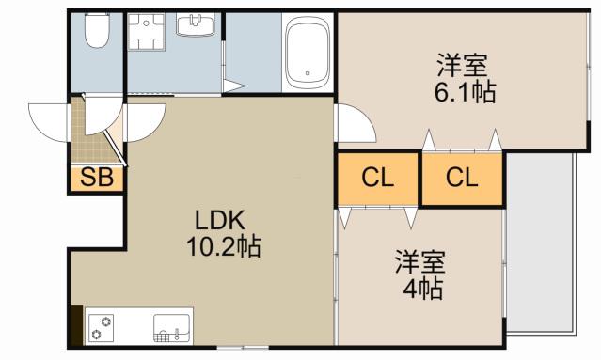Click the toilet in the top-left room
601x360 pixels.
tap(98, 31)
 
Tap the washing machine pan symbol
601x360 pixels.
tap(146, 32)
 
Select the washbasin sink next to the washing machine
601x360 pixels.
tap(196, 24)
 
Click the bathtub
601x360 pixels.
tap(308, 53)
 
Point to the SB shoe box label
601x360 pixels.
tap(97, 178)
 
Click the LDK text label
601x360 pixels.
tap(220, 221)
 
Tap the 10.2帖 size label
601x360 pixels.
tap(224, 246)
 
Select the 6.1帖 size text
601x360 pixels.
tap(465, 92)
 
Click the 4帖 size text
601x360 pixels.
tap(423, 289)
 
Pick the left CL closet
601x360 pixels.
tap(377, 179)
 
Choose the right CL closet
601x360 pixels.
tap(462, 179)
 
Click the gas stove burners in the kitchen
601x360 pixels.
tap(102, 328)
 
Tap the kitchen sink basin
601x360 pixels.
tap(172, 328)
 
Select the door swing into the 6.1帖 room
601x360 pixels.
tap(355, 123)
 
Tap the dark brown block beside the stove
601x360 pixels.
tap(77, 325)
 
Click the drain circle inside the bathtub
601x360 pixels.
tap(308, 73)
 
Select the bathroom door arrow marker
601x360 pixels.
tap(233, 86)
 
